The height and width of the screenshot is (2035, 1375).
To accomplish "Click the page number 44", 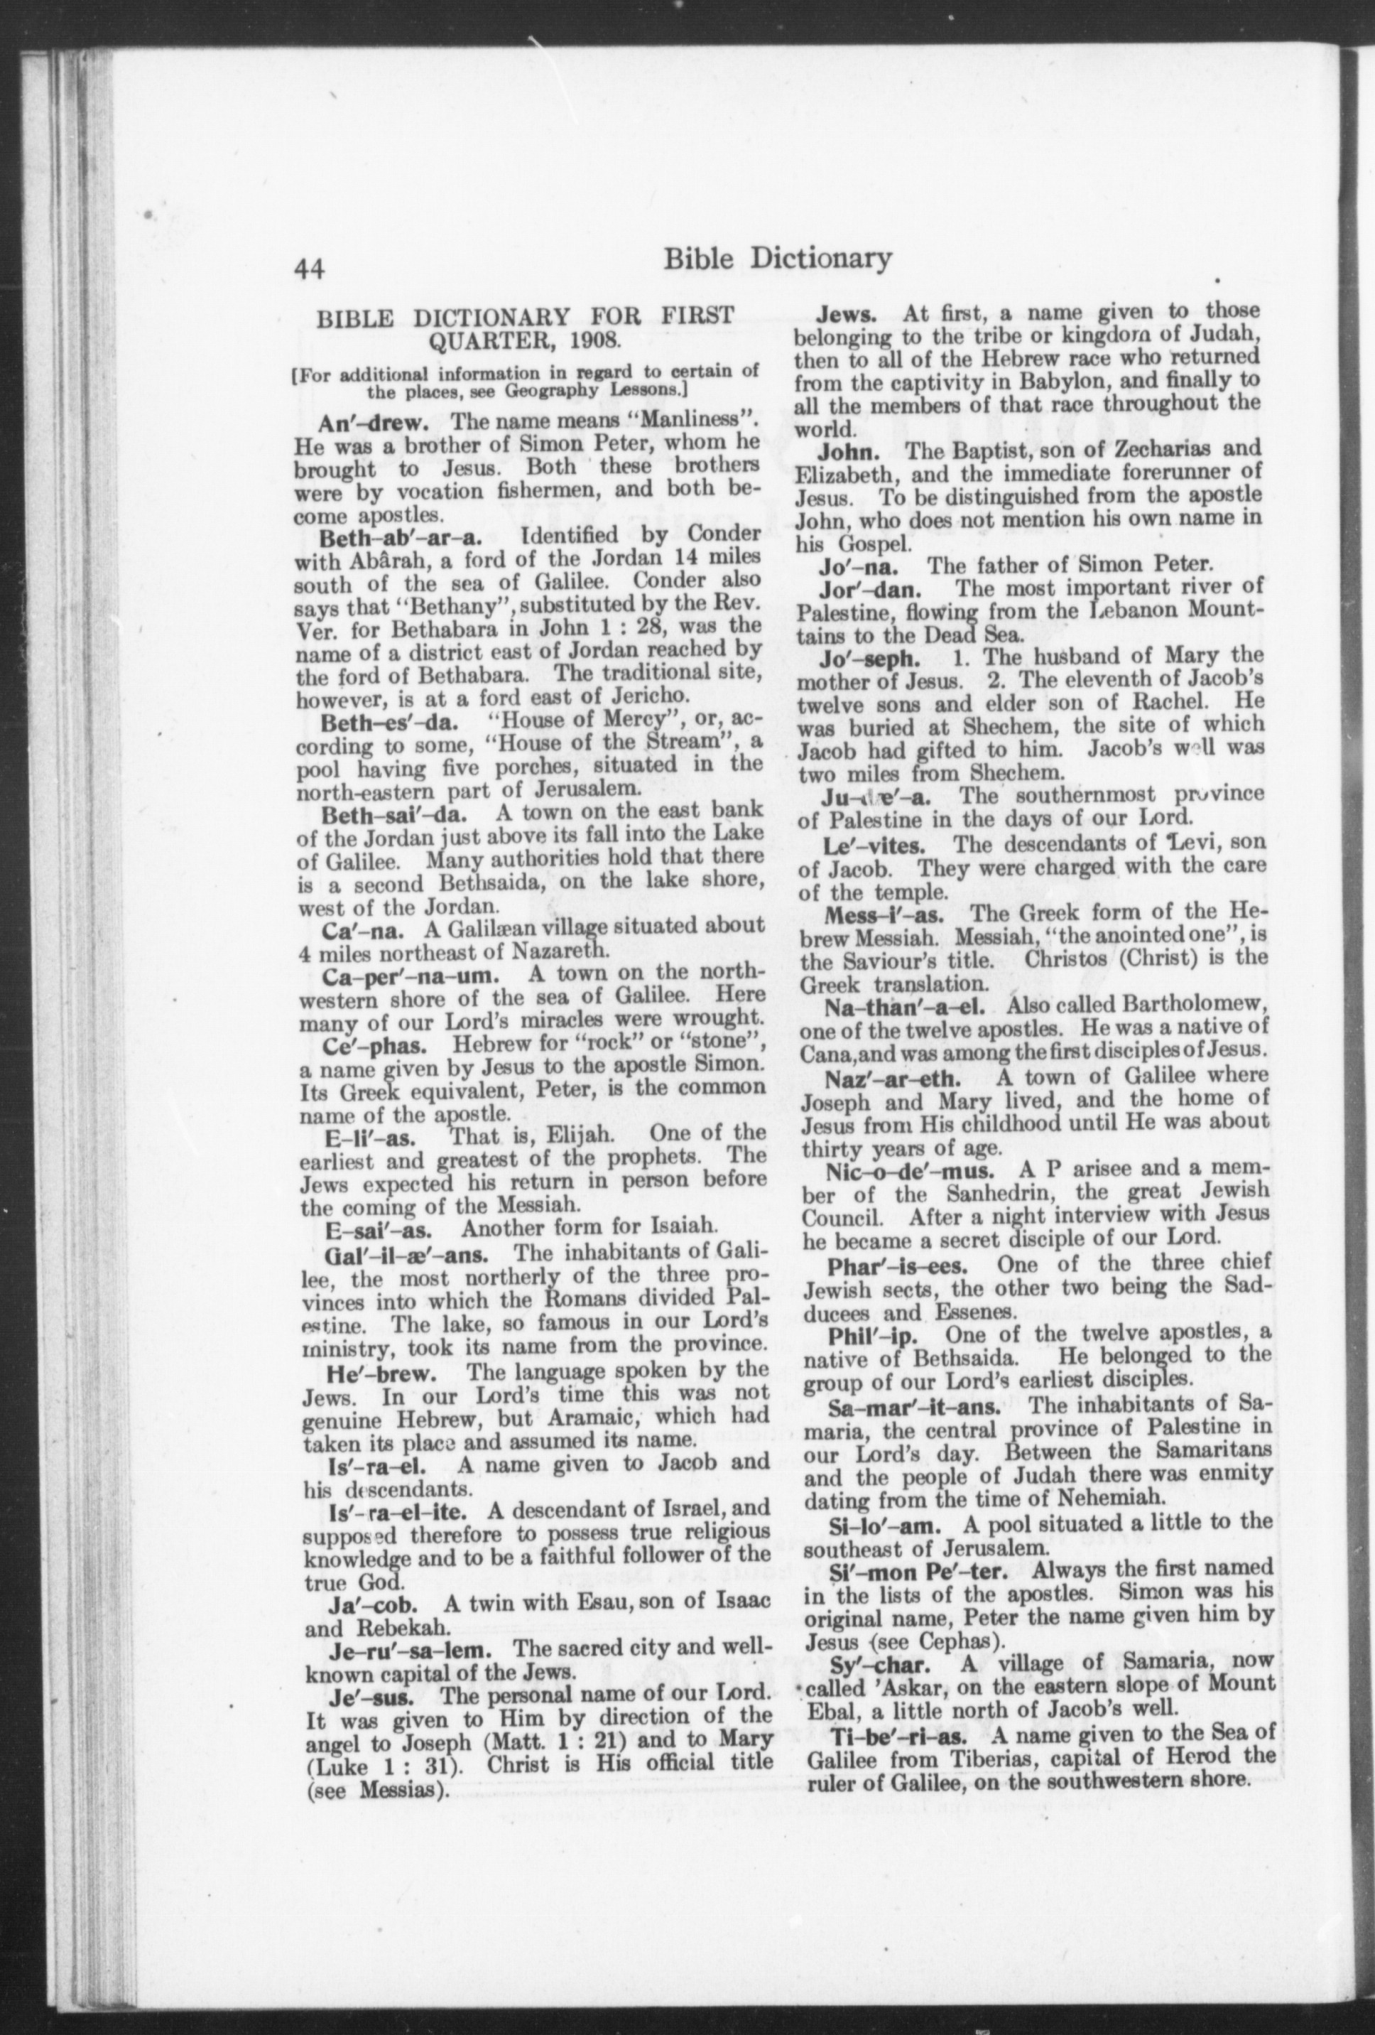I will pos(310,269).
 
